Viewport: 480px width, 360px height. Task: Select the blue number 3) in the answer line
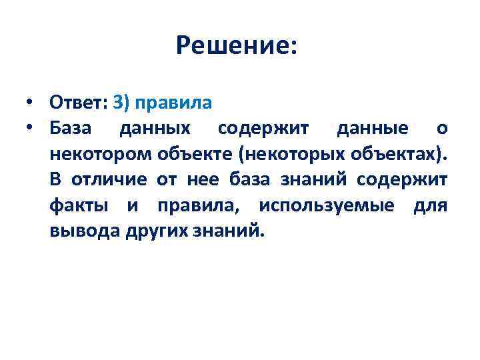123,103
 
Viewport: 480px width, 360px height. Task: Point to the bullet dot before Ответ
31,103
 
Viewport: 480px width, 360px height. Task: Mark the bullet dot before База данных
31,129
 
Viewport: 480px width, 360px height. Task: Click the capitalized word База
74,129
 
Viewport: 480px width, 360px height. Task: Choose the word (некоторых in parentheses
283,154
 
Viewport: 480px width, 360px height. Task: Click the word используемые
329,205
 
